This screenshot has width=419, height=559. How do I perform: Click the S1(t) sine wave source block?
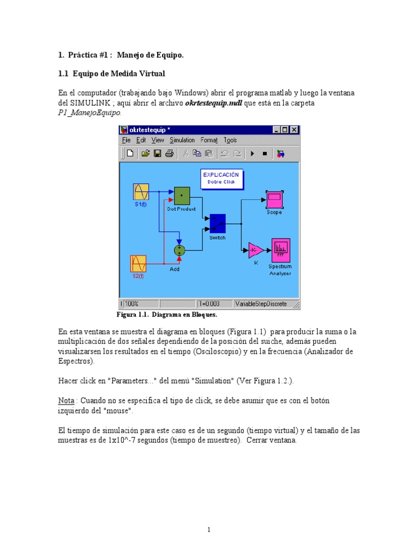[x=141, y=192]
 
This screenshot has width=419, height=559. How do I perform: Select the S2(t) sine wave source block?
[x=138, y=264]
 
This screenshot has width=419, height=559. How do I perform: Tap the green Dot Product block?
[x=182, y=195]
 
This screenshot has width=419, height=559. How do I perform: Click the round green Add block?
[x=179, y=250]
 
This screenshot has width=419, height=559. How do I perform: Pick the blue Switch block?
[x=218, y=224]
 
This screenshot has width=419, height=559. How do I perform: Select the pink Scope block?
[x=274, y=199]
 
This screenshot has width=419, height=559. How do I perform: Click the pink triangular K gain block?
[x=255, y=251]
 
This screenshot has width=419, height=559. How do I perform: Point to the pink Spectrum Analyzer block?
[x=280, y=250]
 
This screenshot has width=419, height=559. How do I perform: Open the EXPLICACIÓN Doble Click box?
[x=221, y=179]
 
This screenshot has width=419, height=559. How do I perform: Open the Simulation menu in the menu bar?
[x=182, y=140]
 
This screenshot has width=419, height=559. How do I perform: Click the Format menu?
[x=209, y=140]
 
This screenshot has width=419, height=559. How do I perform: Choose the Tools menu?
[x=230, y=140]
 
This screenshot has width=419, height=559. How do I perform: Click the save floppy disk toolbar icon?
[x=158, y=153]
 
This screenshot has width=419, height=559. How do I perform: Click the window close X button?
[x=294, y=130]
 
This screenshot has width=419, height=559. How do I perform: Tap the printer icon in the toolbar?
[x=170, y=153]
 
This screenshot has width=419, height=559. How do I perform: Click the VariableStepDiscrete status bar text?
[x=261, y=304]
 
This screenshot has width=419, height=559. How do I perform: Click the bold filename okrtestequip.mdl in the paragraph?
[x=213, y=103]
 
